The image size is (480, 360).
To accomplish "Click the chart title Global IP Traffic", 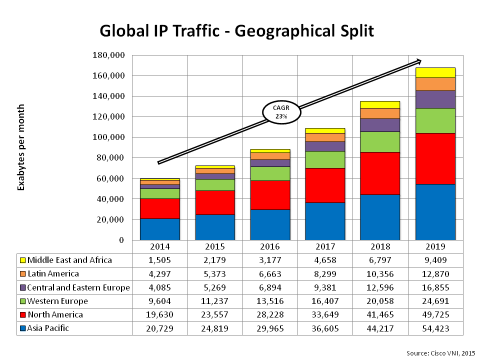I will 237,31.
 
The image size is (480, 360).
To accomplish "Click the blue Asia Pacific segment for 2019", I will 435,212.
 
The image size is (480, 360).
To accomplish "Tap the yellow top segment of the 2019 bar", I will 435,72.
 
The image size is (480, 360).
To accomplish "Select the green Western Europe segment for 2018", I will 380,142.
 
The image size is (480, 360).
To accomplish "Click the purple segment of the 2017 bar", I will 325,146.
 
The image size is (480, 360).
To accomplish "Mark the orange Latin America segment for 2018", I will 380,113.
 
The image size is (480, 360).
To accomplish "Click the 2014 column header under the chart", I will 160,246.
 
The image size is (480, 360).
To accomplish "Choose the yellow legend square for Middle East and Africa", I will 22,260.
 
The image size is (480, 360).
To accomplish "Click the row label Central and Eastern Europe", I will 78,287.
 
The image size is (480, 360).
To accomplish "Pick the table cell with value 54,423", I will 435,328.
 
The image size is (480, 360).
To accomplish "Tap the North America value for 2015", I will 215,315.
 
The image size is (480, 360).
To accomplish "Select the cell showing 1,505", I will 160,260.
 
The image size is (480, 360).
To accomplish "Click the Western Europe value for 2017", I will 325,301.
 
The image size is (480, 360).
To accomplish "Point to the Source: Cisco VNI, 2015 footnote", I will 440,353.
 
